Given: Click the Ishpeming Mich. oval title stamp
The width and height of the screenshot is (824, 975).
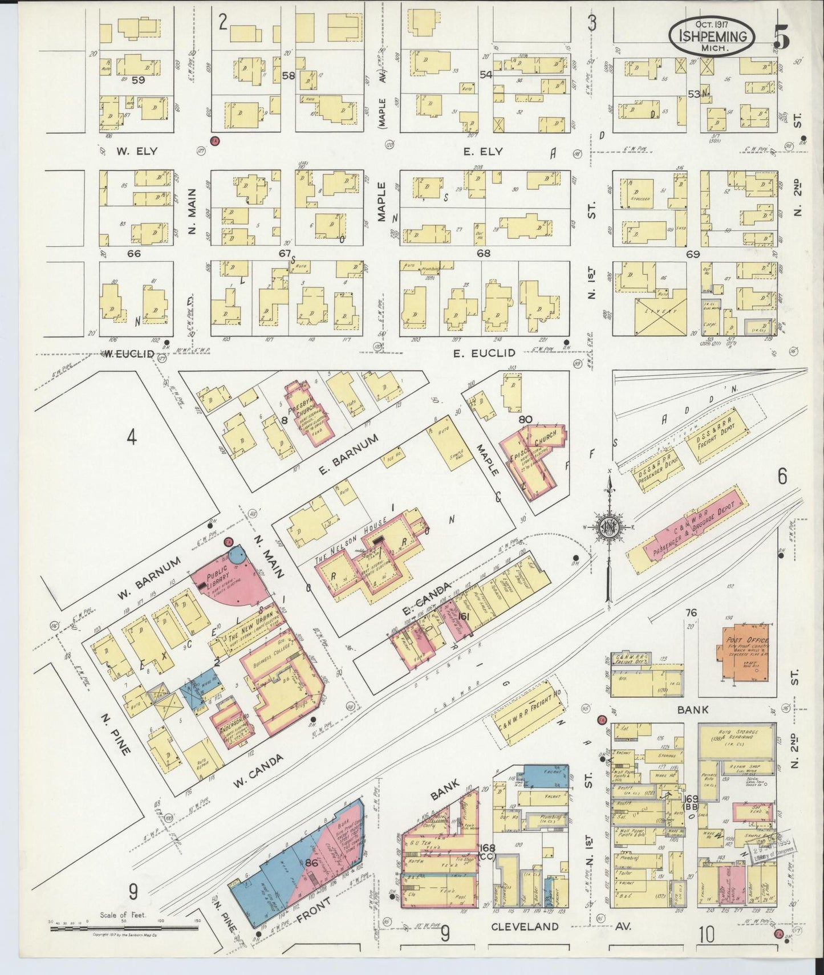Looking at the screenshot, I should point(712,35).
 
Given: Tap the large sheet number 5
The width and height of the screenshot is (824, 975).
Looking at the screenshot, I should point(782,38).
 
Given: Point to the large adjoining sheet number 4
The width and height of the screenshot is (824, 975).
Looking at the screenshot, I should point(132,438).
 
